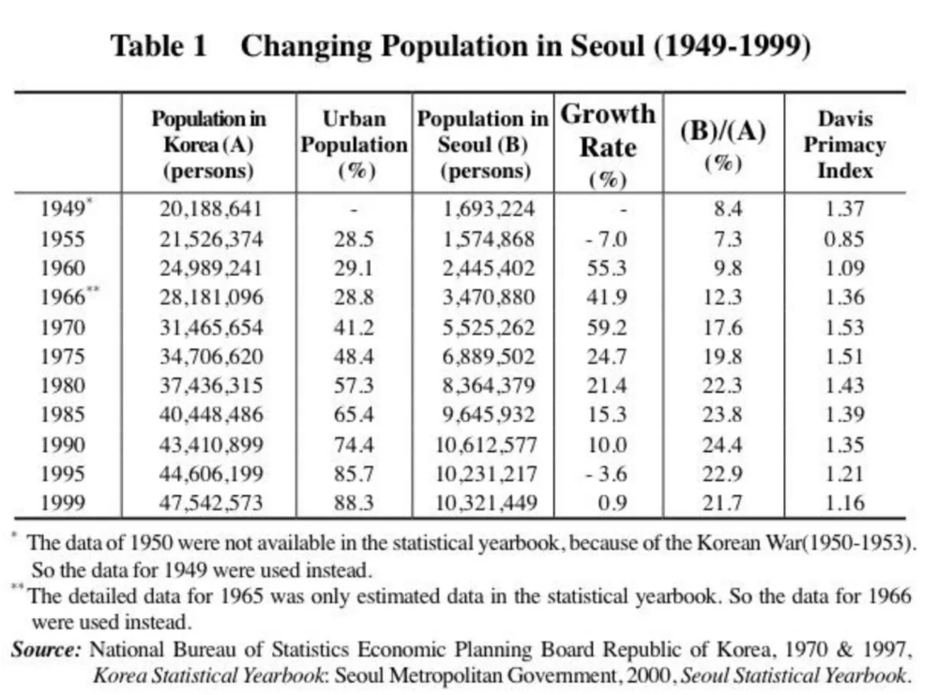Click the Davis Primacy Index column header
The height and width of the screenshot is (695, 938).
tap(845, 144)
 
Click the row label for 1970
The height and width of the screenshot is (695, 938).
tap(63, 327)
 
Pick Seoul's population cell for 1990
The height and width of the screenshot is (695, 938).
tap(486, 445)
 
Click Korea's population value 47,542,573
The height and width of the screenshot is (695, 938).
tap(210, 503)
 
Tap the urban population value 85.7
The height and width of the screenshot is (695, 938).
tap(354, 474)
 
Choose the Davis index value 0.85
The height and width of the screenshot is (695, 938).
tap(844, 239)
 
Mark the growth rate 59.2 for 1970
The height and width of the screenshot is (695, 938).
tap(607, 327)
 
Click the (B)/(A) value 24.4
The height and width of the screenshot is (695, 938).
tap(722, 445)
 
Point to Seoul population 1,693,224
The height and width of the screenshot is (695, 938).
tap(489, 209)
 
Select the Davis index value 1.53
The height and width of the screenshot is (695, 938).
tap(845, 327)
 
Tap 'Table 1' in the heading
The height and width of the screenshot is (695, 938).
tap(159, 45)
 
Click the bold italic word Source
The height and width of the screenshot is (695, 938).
tap(46, 649)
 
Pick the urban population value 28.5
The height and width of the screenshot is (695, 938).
tap(354, 239)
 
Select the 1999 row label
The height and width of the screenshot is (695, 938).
tap(63, 503)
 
